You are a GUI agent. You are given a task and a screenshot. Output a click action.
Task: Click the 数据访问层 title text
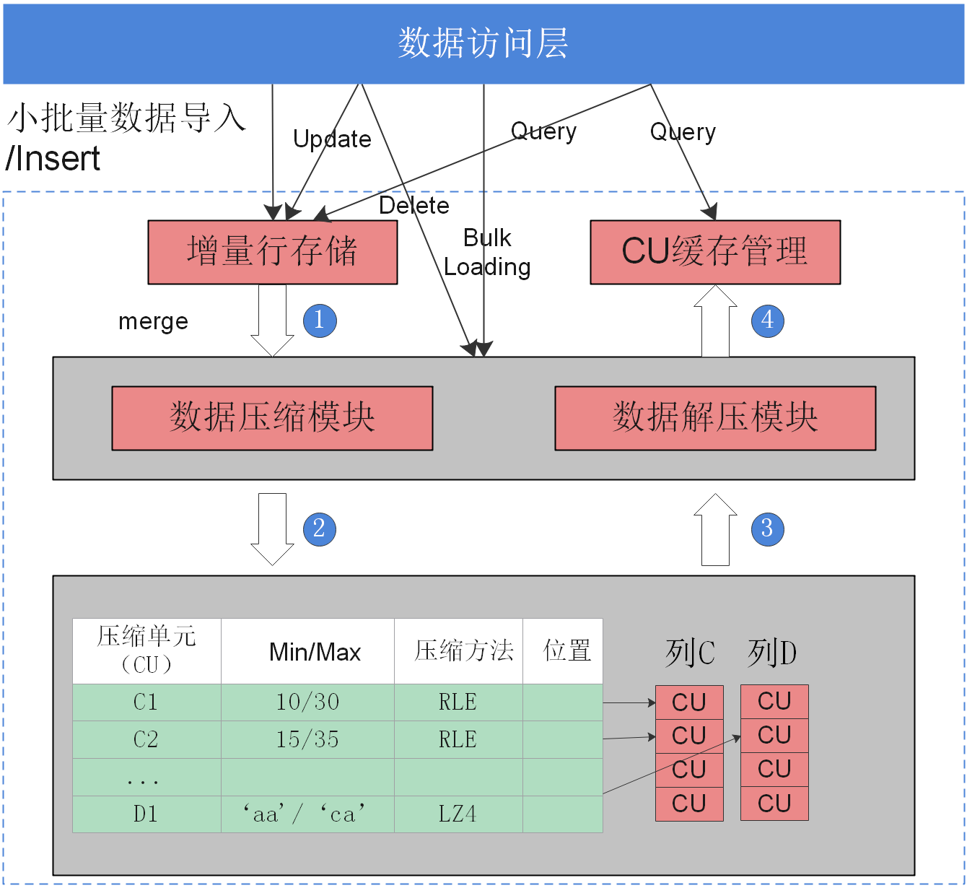(x=483, y=43)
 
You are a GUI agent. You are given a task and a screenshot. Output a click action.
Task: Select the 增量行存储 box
(x=272, y=252)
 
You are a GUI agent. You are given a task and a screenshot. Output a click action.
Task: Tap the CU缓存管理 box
(x=714, y=252)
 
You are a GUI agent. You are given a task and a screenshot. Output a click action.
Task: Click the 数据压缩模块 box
(x=272, y=418)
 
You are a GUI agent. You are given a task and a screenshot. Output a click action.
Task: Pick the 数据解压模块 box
(x=714, y=418)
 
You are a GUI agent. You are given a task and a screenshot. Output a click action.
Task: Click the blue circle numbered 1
(x=320, y=321)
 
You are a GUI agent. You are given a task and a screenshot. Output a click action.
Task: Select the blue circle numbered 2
(x=320, y=528)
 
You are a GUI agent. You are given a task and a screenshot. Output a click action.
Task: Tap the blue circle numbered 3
(x=767, y=528)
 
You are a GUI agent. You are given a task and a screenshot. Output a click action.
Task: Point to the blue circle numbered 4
(x=767, y=321)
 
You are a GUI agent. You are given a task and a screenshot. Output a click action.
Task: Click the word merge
(x=153, y=321)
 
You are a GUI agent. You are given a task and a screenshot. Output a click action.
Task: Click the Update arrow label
(x=332, y=139)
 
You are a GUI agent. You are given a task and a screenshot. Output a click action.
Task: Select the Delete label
(x=414, y=206)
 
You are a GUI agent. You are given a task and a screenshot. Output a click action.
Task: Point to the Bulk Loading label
(x=487, y=253)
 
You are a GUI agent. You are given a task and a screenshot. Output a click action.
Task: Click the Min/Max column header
(x=315, y=652)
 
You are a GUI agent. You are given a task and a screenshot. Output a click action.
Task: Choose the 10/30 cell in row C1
(x=307, y=702)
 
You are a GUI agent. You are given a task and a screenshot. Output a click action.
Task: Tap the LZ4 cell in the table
(x=458, y=814)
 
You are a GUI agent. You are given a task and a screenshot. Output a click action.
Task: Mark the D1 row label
(x=146, y=814)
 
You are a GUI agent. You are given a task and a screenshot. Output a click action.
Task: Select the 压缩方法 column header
(x=464, y=650)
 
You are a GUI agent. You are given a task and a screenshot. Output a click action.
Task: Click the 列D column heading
(x=772, y=653)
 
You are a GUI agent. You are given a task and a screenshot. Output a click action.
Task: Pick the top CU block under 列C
(x=689, y=702)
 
